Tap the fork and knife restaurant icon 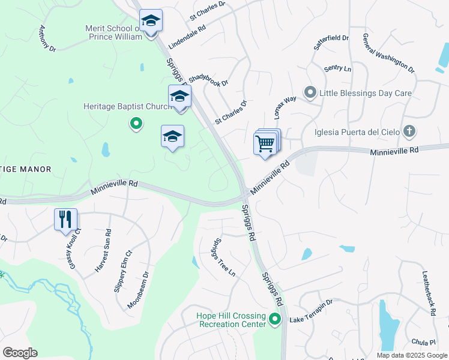coord(65,219)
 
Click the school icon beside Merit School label coord(152,22)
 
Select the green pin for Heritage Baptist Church coord(136,124)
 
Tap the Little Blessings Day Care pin coord(310,92)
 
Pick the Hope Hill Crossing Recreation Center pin coord(275,319)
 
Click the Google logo coord(20,353)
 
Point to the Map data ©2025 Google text coord(411,355)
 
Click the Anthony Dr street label coord(47,38)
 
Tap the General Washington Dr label coord(388,53)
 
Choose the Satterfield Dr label coord(331,41)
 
